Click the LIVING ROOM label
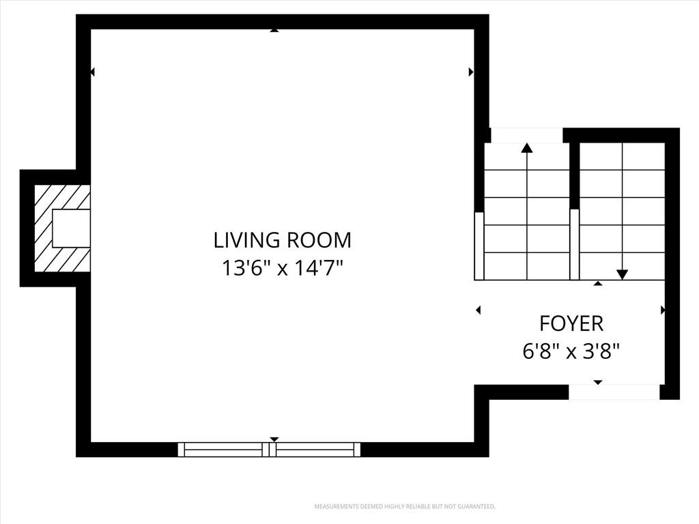click(x=283, y=240)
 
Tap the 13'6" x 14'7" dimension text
click(x=283, y=268)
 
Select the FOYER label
click(x=571, y=324)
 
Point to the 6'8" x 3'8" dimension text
click(x=571, y=353)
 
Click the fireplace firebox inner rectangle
click(x=71, y=229)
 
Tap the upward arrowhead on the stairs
click(x=527, y=148)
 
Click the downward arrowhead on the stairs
click(x=623, y=274)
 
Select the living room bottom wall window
click(x=269, y=450)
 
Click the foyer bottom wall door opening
click(x=614, y=392)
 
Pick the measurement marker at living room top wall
click(x=274, y=30)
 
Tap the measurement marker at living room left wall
click(x=92, y=72)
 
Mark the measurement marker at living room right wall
click(x=471, y=72)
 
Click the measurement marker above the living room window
click(x=274, y=440)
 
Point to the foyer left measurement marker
click(x=479, y=310)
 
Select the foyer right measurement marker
click(x=662, y=310)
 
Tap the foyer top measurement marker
click(x=598, y=283)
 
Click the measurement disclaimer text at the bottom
click(x=405, y=507)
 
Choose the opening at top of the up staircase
click(x=527, y=136)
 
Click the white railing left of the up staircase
click(x=479, y=246)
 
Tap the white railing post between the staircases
click(x=575, y=245)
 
